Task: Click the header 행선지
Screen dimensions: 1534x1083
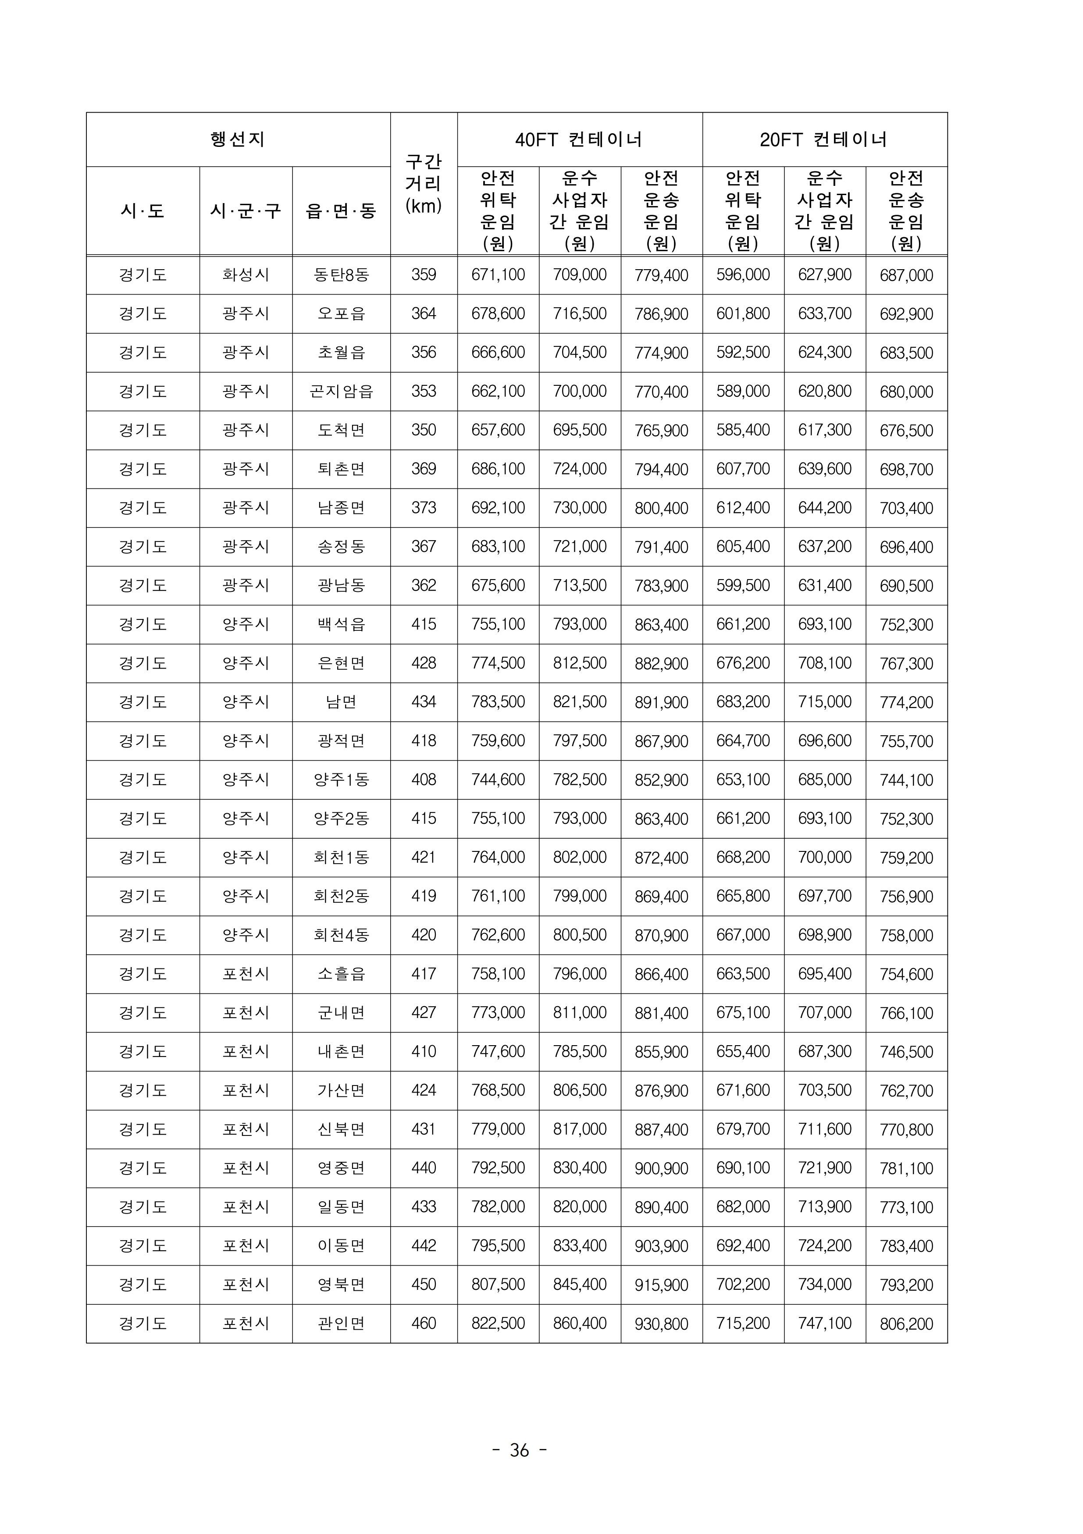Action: pos(238,140)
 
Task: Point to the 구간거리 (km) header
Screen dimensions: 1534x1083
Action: pos(424,184)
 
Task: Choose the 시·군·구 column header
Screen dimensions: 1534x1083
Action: pos(246,211)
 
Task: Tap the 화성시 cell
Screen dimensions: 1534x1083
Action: pos(246,274)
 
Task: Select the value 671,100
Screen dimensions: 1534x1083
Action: pos(499,274)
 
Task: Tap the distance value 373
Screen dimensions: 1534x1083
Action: pos(424,508)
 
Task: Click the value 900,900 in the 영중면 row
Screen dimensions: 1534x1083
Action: pos(662,1168)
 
